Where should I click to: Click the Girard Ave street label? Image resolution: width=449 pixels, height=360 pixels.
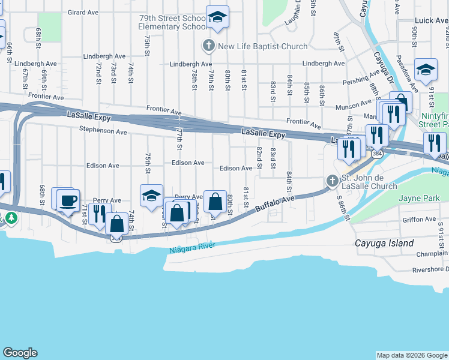(83, 12)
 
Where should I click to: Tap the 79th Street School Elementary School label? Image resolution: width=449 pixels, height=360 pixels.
(172, 23)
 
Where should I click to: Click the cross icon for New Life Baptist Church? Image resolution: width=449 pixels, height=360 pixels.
(208, 46)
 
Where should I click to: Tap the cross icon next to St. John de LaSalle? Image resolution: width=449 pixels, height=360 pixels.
(333, 180)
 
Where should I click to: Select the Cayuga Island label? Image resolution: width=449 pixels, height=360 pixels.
(384, 243)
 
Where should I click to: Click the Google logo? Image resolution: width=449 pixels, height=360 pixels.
(20, 353)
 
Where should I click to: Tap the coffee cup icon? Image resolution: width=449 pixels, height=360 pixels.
(68, 199)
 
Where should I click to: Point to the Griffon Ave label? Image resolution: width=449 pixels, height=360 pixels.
(418, 220)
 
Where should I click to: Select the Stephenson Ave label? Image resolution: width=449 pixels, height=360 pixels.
(103, 130)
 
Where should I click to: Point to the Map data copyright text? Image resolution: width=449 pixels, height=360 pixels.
(412, 355)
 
